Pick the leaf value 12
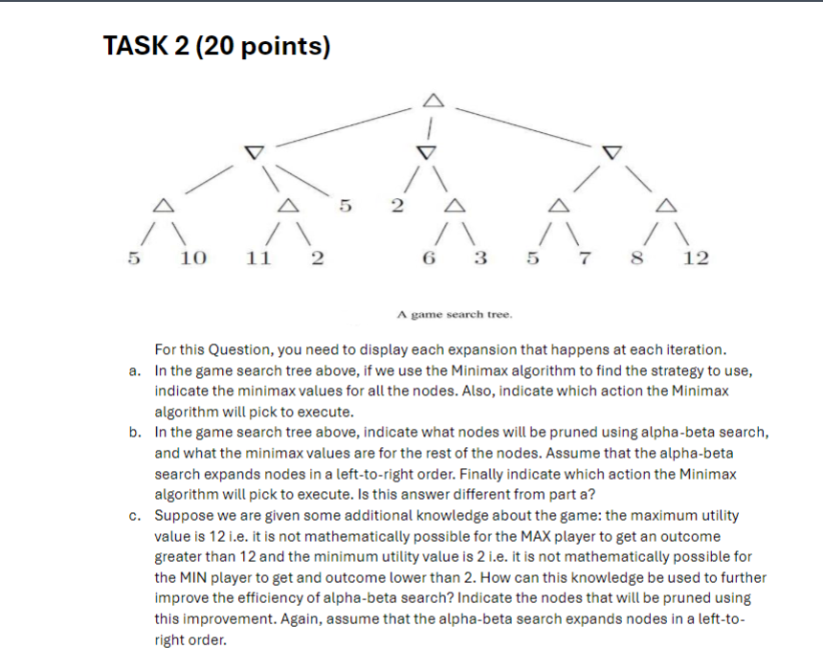[696, 258]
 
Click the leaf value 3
[480, 258]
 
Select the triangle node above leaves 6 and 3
[454, 204]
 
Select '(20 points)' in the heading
[263, 48]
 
